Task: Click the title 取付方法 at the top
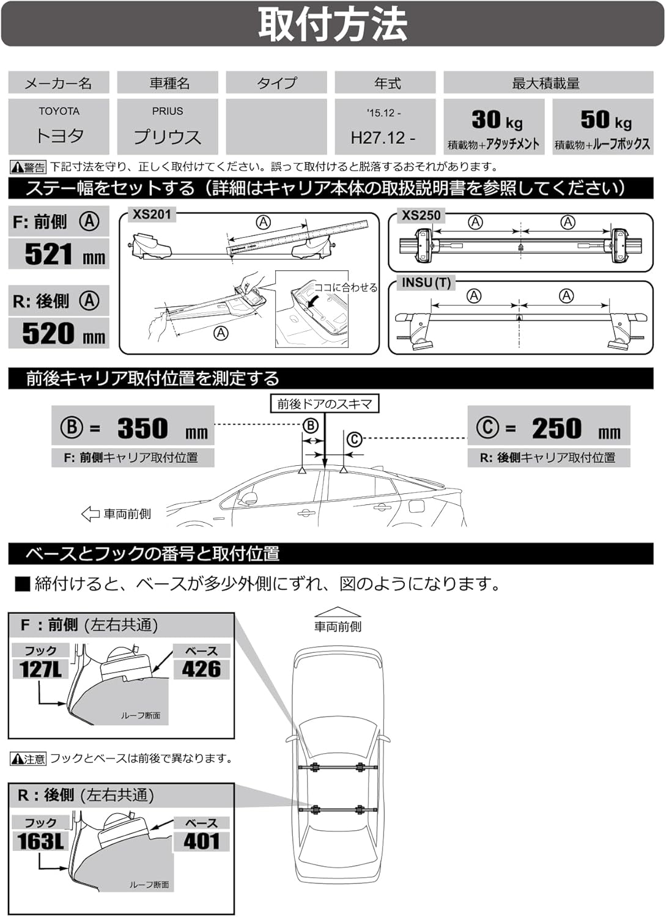333,24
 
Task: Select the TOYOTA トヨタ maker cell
59,126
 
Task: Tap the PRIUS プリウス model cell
168,126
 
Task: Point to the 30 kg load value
496,120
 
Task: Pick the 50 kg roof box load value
605,120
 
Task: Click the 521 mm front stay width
64,254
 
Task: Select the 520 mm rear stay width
64,334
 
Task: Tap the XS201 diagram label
152,215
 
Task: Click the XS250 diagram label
421,216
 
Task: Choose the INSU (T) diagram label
426,283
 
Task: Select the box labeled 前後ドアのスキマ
324,404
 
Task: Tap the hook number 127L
40,669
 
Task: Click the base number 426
201,669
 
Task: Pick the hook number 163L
40,841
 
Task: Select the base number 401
201,841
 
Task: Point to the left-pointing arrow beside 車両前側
90,514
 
